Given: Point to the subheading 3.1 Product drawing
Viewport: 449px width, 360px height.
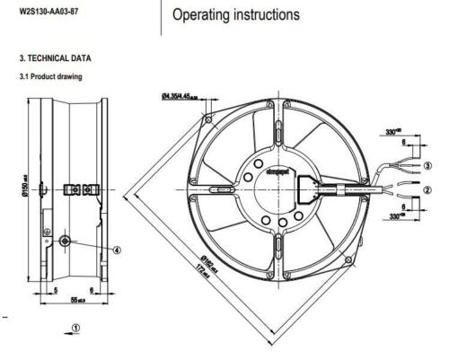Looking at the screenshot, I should [45, 77].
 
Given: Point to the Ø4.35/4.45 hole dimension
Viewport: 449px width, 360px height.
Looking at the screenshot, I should [184, 92].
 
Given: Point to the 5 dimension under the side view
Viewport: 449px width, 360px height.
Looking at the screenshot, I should [56, 292].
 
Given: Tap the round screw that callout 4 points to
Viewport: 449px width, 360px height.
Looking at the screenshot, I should [65, 243].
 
